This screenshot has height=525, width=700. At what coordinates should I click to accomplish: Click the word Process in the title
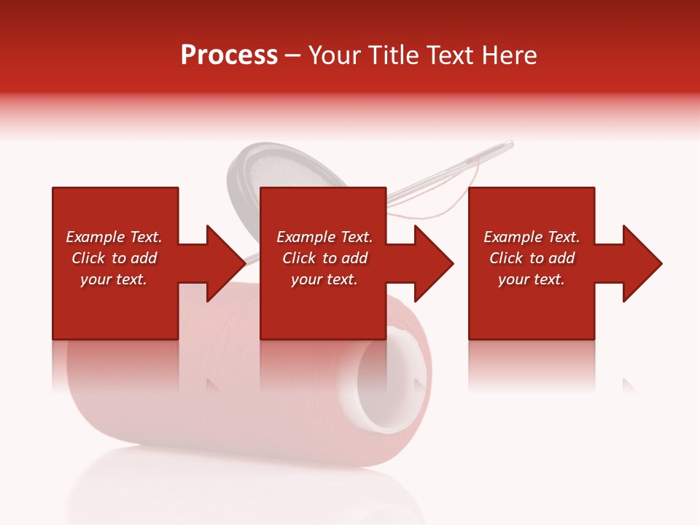229,55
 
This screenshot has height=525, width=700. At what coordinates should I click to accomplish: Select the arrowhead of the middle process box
432,263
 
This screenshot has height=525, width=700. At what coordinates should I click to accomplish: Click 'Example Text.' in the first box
114,237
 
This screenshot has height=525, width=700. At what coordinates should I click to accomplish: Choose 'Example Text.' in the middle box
324,237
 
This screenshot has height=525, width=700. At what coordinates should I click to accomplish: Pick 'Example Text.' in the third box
532,237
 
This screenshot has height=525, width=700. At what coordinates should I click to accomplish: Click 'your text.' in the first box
114,279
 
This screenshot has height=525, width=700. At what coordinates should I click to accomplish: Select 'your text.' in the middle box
324,279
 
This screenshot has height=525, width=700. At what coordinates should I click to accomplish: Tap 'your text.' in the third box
532,279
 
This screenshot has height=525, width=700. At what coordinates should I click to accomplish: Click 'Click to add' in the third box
532,258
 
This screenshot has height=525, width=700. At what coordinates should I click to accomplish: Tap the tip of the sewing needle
510,143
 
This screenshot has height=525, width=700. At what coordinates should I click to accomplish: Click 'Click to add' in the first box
114,258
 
